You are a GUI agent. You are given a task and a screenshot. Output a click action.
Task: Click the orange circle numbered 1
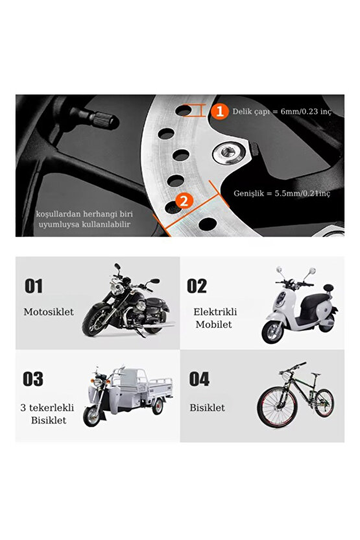coord(220,111)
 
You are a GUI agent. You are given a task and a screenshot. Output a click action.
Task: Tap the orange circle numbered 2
coord(183,201)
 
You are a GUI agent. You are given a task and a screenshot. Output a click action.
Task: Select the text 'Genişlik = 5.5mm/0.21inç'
coord(282,193)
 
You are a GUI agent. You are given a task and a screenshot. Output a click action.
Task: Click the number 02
coord(197,286)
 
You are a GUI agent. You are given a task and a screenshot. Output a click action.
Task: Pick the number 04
coord(198,379)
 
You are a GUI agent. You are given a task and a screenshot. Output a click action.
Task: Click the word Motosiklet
coord(49,312)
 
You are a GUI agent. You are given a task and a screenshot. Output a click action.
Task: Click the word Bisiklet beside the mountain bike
coord(207,408)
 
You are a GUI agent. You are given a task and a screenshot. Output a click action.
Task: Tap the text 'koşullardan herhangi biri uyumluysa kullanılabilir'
coord(84,219)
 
